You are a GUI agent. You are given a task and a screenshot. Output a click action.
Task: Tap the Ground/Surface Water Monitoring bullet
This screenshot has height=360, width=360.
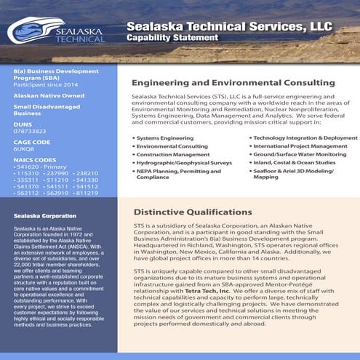(x=300, y=155)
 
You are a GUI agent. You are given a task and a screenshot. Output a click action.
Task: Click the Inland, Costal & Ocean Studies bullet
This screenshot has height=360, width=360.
(x=295, y=164)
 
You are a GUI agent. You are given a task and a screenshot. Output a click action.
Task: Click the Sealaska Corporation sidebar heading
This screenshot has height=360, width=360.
(x=45, y=216)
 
